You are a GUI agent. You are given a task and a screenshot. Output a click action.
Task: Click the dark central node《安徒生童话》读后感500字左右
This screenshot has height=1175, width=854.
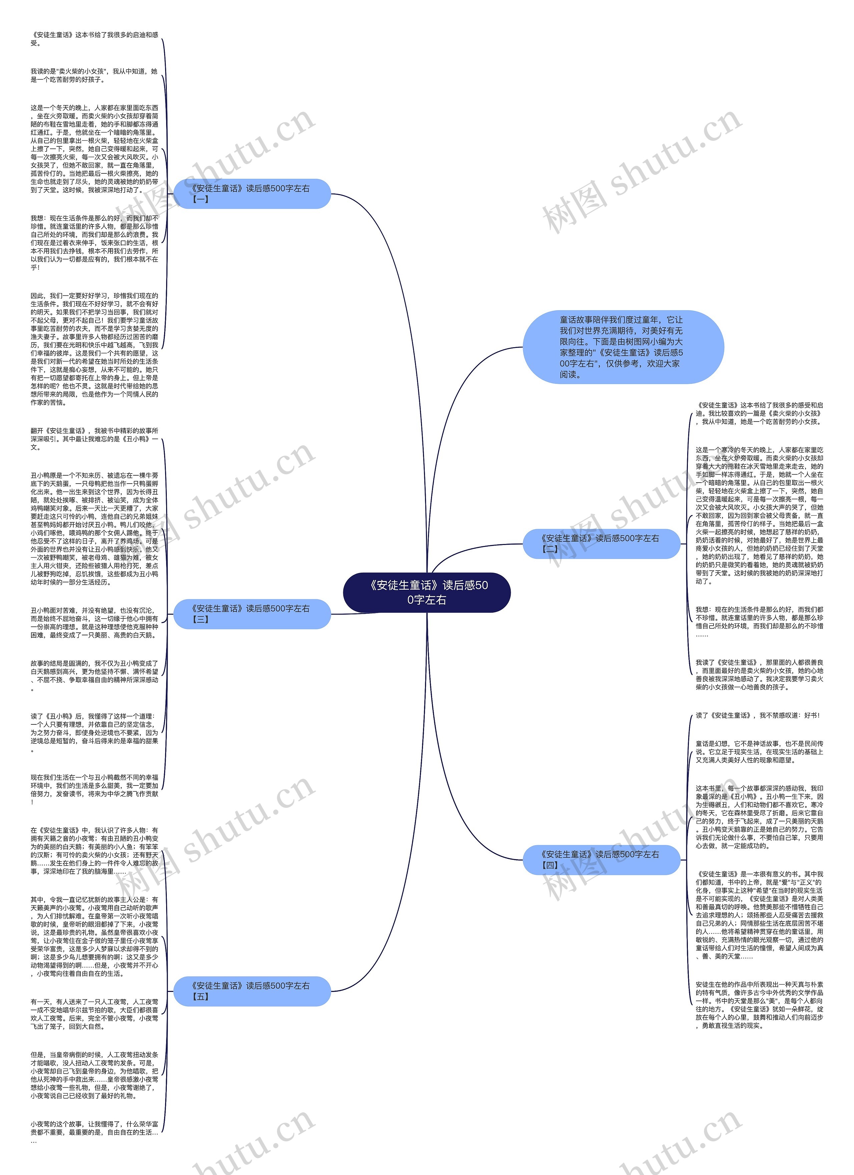tap(426, 592)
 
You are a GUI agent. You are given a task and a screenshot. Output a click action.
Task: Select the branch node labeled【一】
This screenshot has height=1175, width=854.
tap(252, 194)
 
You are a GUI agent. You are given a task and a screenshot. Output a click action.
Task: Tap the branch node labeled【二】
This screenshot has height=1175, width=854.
tap(601, 543)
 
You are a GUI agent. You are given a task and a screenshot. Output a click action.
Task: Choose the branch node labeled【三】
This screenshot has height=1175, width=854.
tap(252, 614)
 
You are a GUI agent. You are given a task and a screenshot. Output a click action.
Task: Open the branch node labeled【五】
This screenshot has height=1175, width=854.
tap(252, 991)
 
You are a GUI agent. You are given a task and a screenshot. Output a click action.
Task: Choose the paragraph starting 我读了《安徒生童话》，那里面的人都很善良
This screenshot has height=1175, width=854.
tap(759, 674)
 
